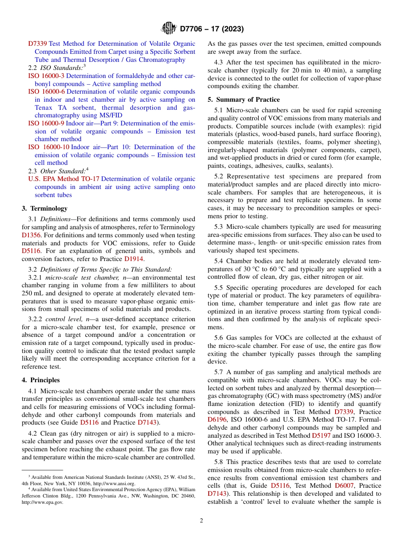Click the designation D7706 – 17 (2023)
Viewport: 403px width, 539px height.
point(212,29)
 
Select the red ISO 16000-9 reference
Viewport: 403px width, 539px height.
point(46,123)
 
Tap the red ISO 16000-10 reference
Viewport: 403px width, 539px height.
point(48,147)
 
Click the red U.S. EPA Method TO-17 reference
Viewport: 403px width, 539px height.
point(64,179)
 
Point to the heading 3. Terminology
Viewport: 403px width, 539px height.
point(45,208)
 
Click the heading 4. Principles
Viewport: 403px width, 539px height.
point(41,380)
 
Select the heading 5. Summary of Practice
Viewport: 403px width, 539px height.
point(243,100)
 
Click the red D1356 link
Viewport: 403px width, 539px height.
point(30,235)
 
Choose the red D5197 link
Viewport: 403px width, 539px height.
point(321,436)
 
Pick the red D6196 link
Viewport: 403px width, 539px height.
point(217,420)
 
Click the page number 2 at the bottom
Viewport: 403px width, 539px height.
point(201,521)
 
